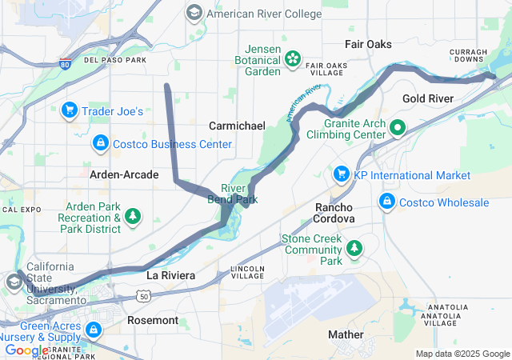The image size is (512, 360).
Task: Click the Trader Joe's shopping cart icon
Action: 70,110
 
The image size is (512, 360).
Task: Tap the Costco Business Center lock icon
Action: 101,143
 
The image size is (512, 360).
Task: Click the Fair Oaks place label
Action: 368,44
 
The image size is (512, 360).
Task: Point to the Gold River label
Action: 428,98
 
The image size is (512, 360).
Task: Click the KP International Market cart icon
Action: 342,174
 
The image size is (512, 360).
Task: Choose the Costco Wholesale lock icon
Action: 387,199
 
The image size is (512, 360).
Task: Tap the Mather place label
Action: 346,334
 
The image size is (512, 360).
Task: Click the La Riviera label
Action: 170,275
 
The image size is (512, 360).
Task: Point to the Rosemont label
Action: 153,320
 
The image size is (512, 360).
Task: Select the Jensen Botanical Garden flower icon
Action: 293,58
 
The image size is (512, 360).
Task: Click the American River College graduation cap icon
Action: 194,13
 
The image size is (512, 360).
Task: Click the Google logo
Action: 26,350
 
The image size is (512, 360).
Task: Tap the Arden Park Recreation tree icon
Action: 133,216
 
